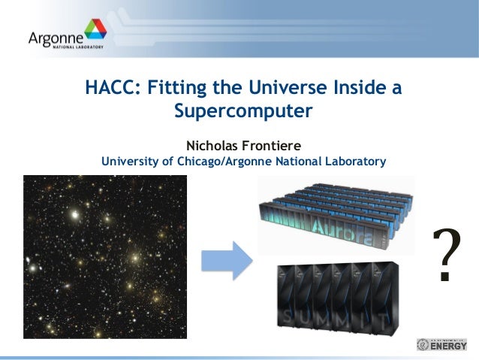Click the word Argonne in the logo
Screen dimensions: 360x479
tap(53, 37)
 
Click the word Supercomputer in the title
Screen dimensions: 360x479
tap(243, 113)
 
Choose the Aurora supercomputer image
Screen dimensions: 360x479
tap(336, 215)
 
